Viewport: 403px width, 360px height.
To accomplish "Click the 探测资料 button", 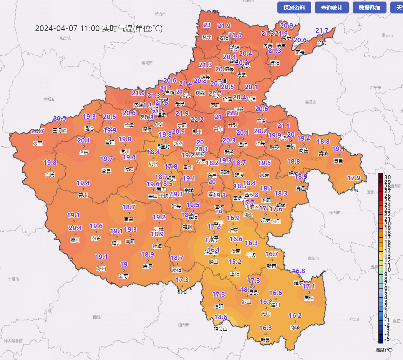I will coord(294,8).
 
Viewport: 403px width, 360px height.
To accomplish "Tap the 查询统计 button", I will coord(332,8).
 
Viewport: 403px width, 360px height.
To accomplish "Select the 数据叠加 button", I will coord(369,8).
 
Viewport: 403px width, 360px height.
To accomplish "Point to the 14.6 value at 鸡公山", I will coord(221,317).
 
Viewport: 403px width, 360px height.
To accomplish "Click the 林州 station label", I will coord(207,37).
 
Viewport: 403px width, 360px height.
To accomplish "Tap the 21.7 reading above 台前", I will coord(322,31).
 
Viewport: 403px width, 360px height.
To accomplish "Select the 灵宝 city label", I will coord(38,143).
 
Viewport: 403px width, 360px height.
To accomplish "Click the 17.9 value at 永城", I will coord(354,178).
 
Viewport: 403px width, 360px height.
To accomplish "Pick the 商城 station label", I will coord(295,327).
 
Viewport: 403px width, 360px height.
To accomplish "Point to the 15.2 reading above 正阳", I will coord(235,262).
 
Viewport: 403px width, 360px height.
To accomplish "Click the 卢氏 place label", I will coord(50,175).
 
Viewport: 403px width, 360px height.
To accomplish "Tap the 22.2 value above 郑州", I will coord(197,120).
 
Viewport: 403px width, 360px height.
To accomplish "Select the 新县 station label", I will coord(265,340).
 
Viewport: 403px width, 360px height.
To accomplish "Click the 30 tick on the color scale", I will coord(387,177).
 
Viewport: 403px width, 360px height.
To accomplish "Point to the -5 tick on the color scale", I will coord(387,338).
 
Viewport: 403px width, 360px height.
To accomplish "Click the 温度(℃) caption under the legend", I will coord(384,350).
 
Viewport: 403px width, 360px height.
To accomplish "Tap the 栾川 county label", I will coord(83,195).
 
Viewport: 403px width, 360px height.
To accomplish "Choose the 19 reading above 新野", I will coord(124,265).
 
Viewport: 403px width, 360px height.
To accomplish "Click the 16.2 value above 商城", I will coord(295,316).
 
